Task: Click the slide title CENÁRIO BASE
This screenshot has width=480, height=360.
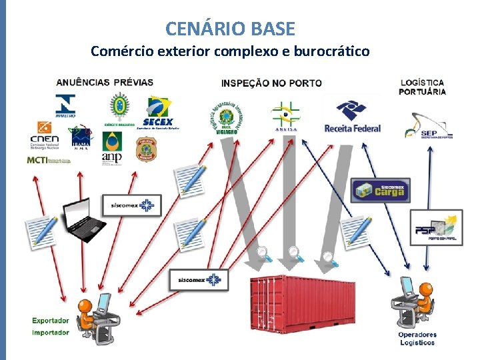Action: tap(230, 29)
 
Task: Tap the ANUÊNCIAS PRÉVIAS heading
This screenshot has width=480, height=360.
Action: tap(105, 83)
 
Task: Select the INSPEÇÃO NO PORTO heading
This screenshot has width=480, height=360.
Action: tap(271, 83)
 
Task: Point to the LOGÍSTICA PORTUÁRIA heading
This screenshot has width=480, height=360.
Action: tap(423, 87)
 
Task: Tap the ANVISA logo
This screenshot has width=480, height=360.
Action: tap(286, 117)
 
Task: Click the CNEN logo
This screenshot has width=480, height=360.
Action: tap(45, 135)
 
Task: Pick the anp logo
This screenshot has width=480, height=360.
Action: tap(112, 148)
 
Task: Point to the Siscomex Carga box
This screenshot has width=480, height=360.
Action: tap(381, 191)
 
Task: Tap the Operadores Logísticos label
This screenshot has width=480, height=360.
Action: tap(417, 339)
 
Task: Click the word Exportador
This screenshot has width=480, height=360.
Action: tap(51, 321)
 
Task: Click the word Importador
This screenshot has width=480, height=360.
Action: tap(51, 332)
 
